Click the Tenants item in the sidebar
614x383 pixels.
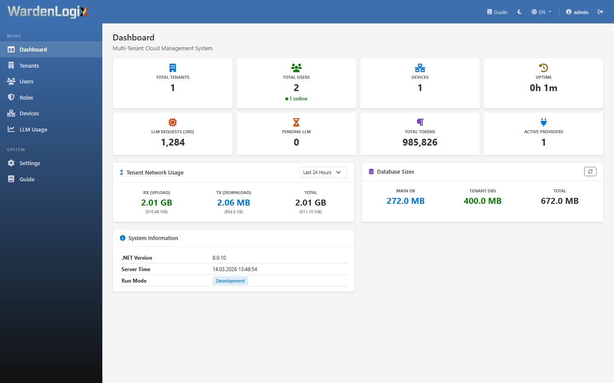tap(29, 66)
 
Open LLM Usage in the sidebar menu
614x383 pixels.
tap(33, 129)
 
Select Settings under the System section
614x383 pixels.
tap(29, 163)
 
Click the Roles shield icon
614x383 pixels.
tap(11, 97)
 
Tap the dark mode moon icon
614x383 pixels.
tap(519, 12)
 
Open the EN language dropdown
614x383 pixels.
tap(542, 12)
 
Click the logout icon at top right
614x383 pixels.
tap(600, 12)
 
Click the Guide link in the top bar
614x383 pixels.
tap(497, 12)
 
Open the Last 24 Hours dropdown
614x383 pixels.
tap(323, 172)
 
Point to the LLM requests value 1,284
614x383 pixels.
tap(173, 143)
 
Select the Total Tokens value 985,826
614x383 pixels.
tap(420, 143)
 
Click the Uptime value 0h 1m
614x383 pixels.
tap(543, 88)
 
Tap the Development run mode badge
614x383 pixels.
tap(230, 281)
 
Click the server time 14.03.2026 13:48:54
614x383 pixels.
tap(235, 269)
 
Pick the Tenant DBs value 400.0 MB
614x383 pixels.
tap(482, 201)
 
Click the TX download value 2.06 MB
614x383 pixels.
tap(234, 203)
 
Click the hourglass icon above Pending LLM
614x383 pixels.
tap(296, 122)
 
